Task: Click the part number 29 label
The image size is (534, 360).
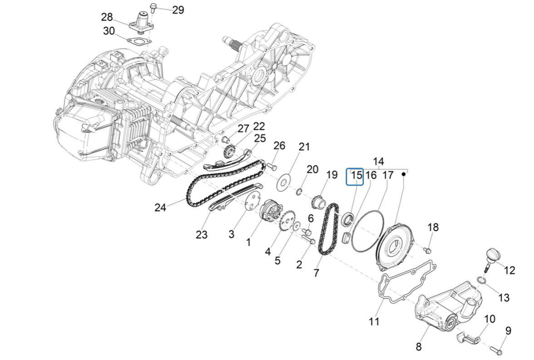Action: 178,10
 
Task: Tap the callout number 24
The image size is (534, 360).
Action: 160,208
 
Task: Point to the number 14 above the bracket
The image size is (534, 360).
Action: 378,161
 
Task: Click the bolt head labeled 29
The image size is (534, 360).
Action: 153,7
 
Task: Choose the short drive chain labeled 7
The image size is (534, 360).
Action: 329,229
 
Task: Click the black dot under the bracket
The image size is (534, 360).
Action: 403,174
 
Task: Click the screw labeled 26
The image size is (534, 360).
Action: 273,166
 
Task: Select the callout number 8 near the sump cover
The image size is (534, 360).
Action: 418,347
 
